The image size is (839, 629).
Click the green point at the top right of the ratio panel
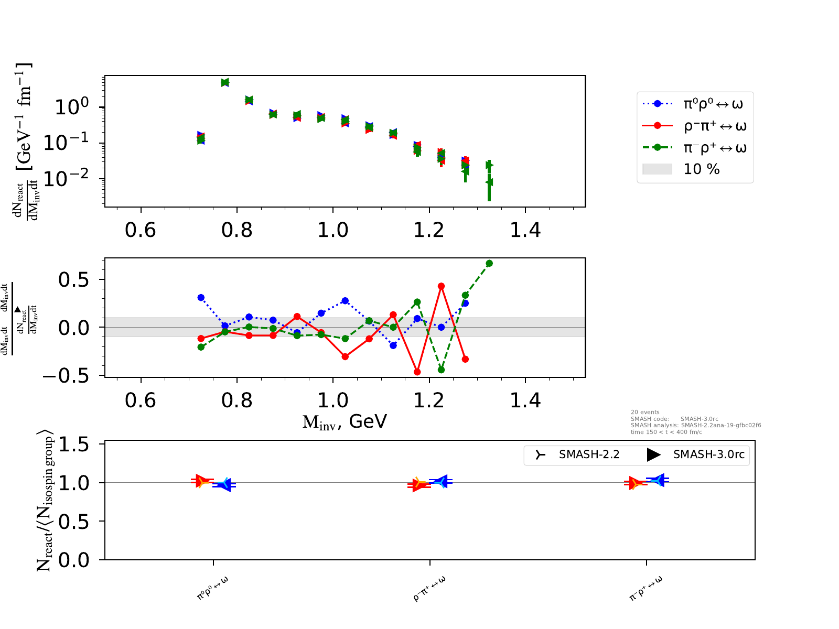(x=489, y=263)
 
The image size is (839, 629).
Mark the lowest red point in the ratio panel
(x=417, y=372)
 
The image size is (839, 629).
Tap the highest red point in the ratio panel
(x=442, y=286)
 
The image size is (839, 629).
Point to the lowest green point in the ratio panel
(x=442, y=370)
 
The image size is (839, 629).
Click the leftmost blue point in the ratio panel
(x=201, y=297)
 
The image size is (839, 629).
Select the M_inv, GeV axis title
(x=345, y=421)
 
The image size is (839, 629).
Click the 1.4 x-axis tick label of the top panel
(x=525, y=230)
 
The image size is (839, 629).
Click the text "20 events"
(x=645, y=412)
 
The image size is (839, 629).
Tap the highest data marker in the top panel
(x=225, y=82)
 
